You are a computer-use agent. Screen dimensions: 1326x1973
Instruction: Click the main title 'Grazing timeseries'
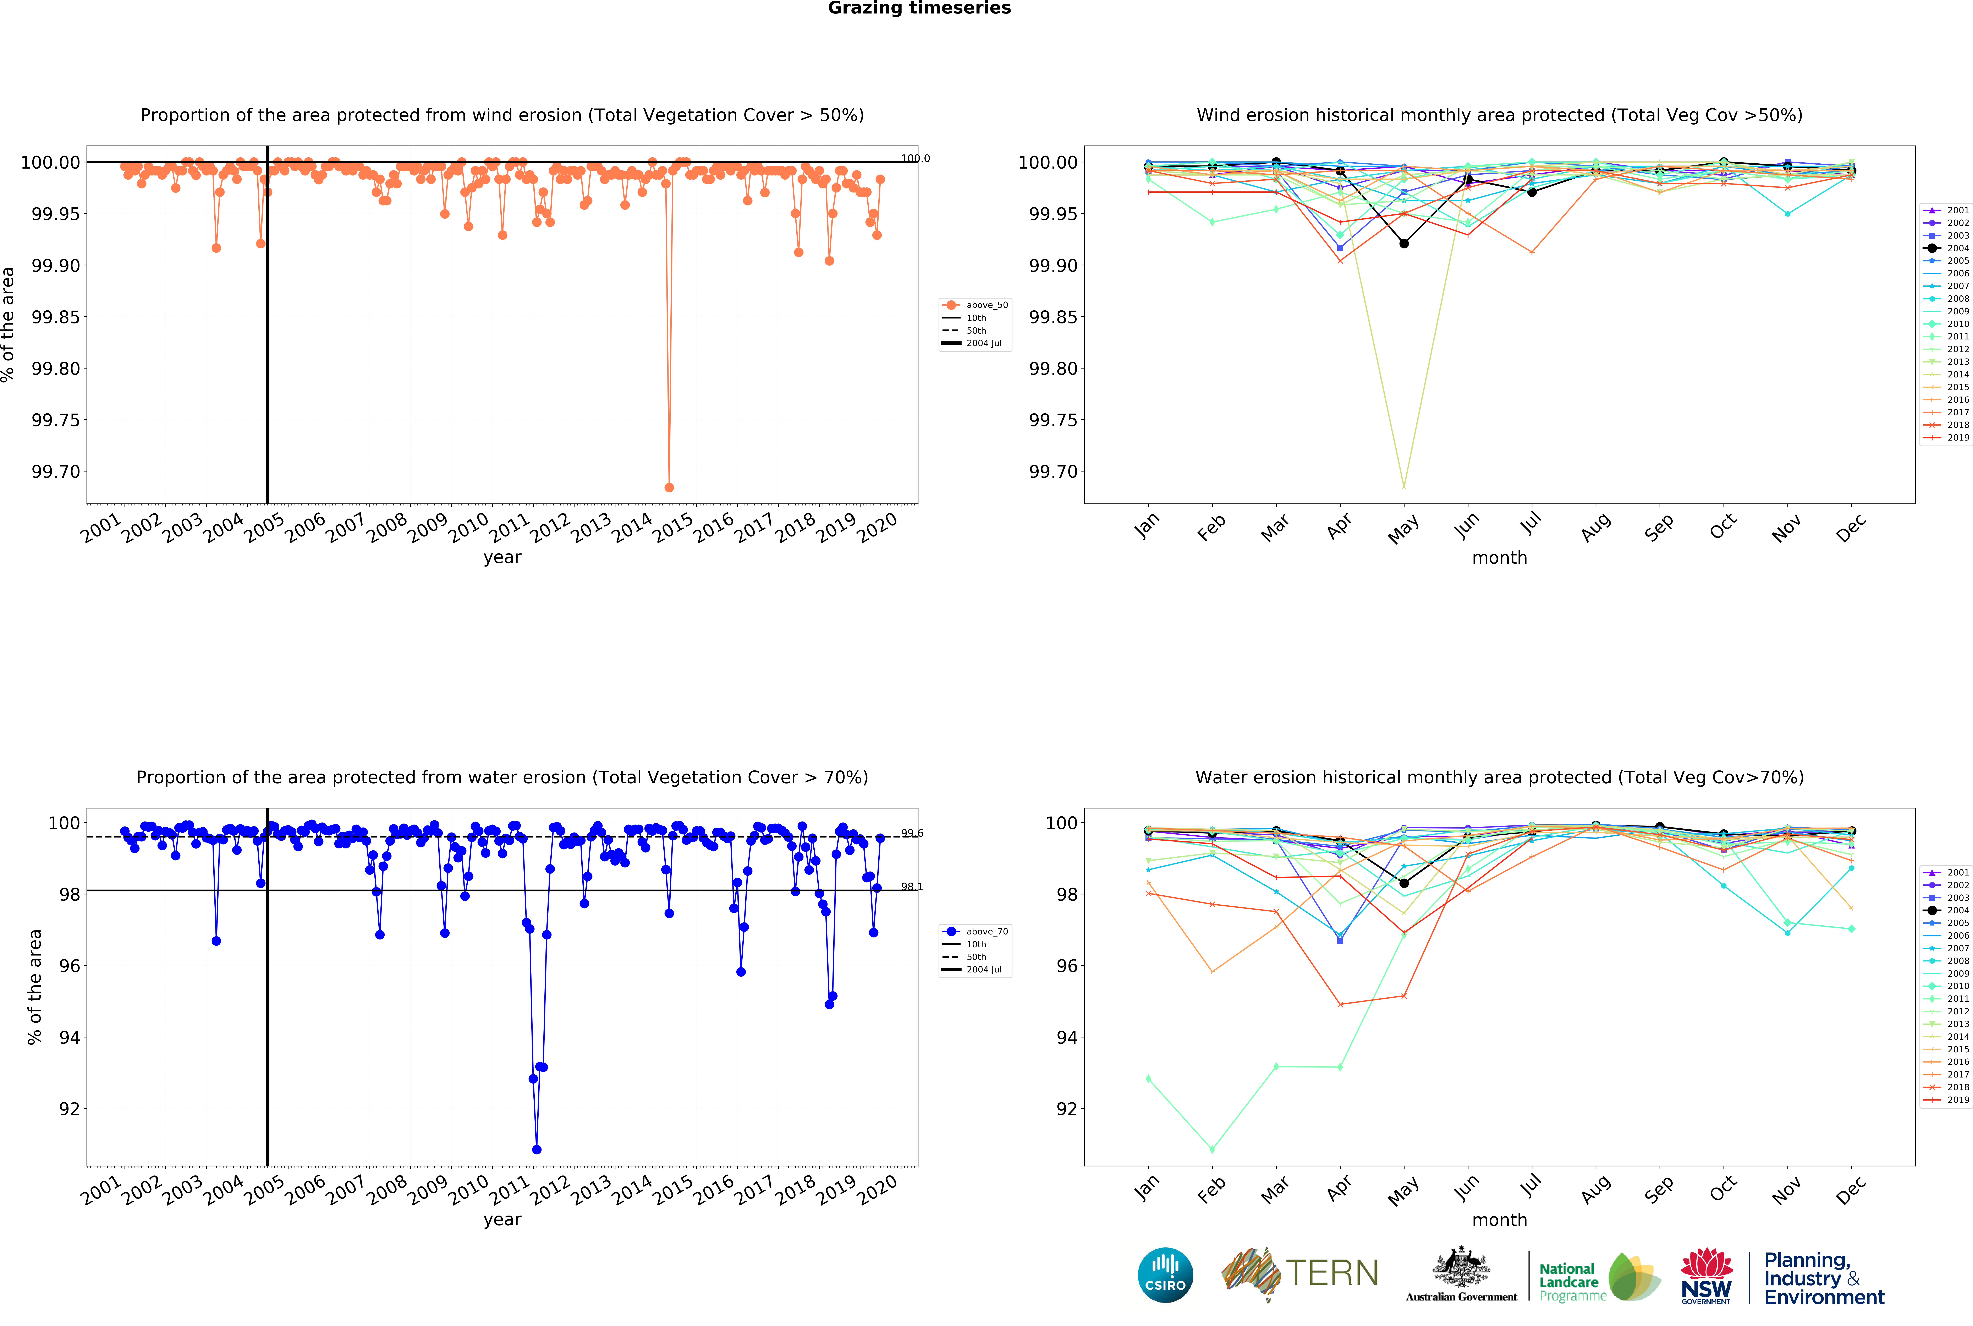point(919,9)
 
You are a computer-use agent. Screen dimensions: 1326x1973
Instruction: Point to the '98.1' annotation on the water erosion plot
point(911,887)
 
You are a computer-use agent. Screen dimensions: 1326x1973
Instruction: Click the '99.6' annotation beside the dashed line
point(911,834)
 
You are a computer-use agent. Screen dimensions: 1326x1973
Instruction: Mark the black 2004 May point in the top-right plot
point(1404,244)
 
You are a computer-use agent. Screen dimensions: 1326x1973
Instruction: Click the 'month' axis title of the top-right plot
point(1499,558)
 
